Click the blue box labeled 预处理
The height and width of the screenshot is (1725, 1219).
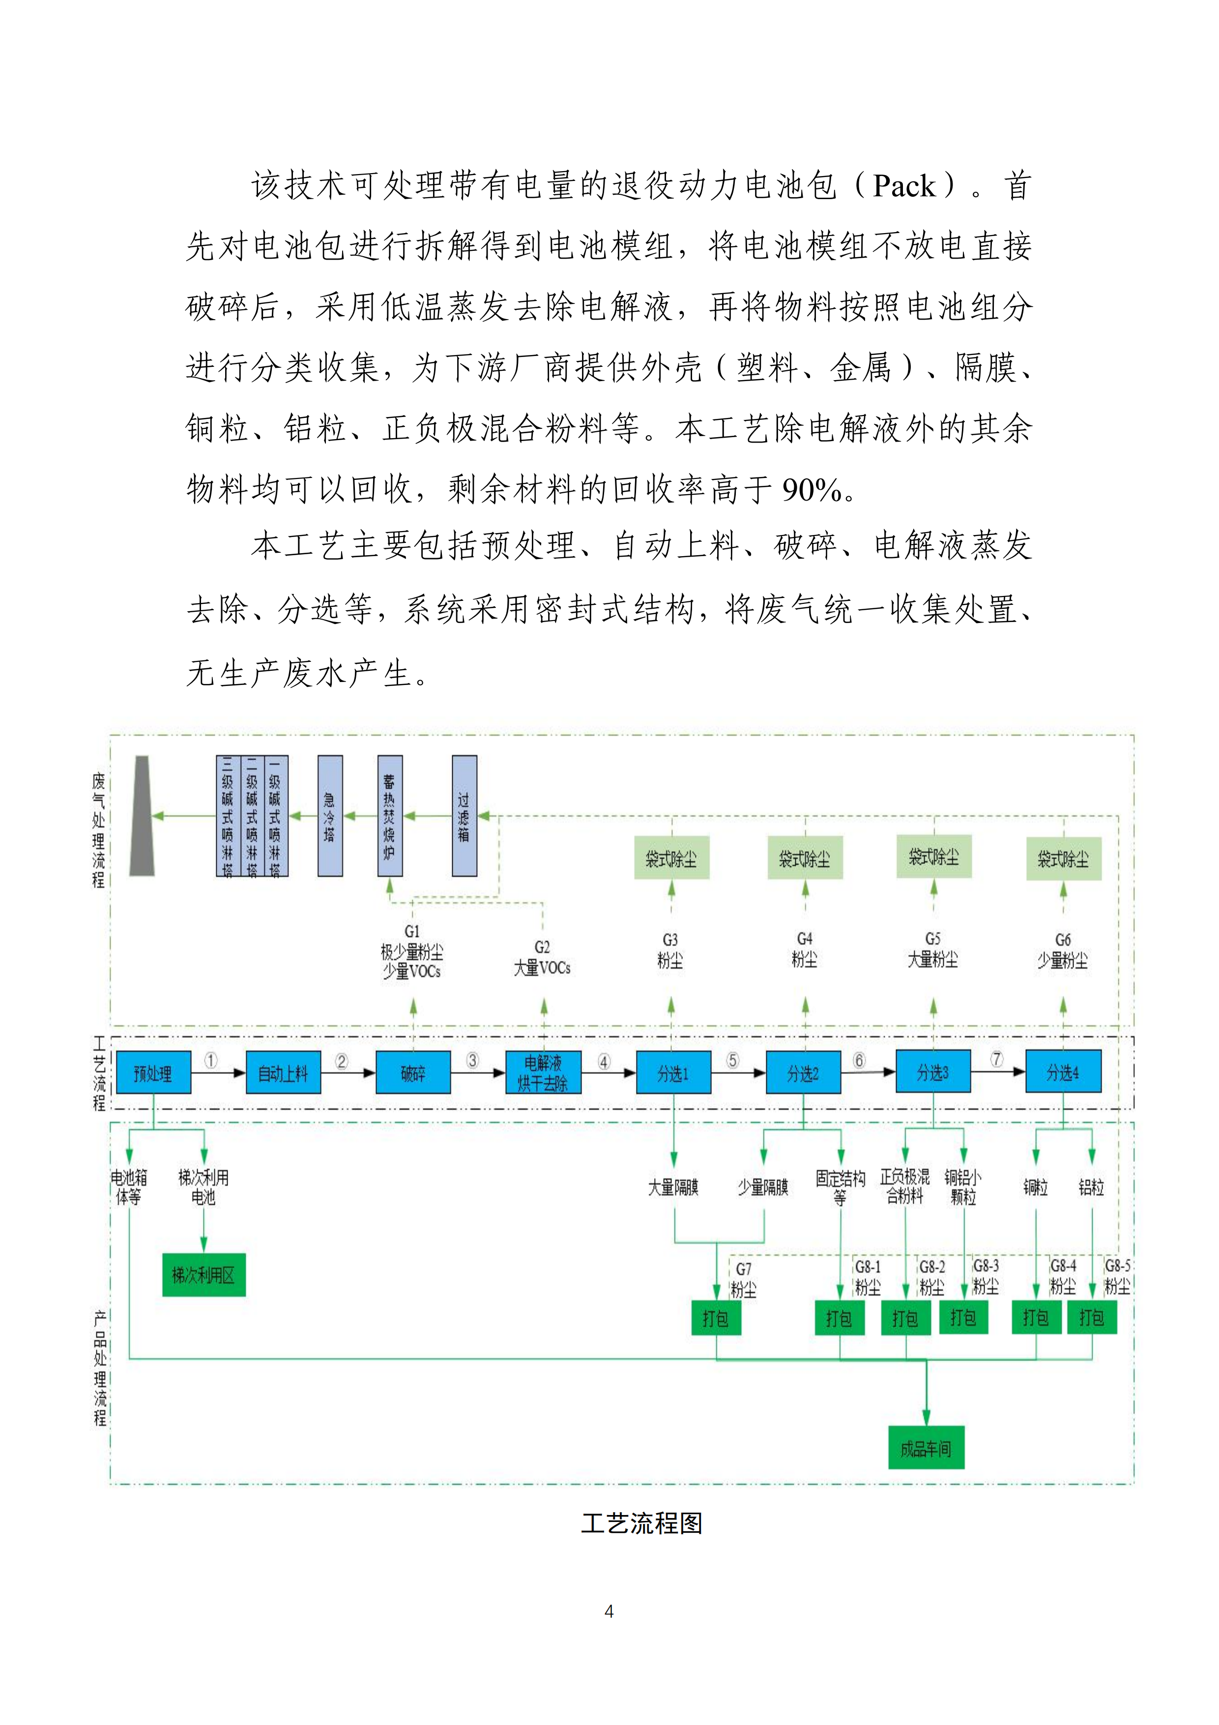[153, 1072]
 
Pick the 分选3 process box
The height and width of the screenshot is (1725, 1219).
[933, 1072]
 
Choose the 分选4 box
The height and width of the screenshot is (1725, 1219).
[1063, 1072]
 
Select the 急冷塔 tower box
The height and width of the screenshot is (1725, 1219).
[330, 816]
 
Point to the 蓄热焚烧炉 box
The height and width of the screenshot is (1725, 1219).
[390, 816]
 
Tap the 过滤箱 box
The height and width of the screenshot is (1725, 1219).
[464, 816]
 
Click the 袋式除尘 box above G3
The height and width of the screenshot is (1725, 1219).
[671, 858]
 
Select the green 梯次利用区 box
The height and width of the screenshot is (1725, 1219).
[203, 1275]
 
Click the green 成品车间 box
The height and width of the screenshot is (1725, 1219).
[926, 1448]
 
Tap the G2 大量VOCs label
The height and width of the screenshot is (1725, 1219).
[542, 958]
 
